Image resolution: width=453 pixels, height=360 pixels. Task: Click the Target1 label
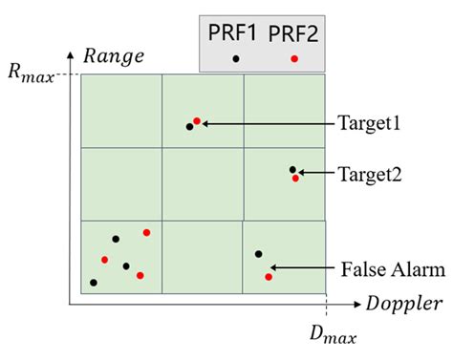(x=368, y=124)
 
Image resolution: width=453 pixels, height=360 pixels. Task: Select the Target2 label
(x=369, y=175)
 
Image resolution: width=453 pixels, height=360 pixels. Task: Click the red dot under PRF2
(x=294, y=59)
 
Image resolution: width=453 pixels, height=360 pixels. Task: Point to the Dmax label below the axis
(x=329, y=334)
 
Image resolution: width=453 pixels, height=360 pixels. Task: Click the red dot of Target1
(x=197, y=121)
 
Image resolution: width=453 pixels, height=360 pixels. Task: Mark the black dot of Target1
(x=189, y=126)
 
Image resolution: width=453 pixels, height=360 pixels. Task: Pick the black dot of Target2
(x=292, y=170)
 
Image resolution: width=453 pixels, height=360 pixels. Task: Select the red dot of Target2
(x=295, y=178)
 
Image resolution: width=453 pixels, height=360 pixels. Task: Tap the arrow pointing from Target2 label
(x=316, y=174)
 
